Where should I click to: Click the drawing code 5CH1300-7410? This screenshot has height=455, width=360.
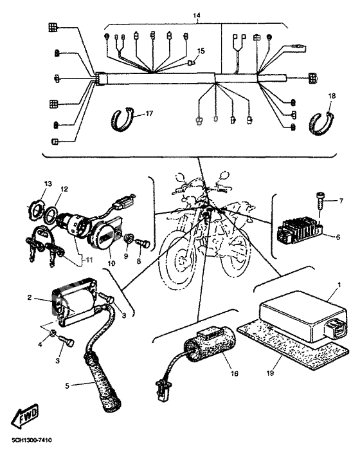(31, 440)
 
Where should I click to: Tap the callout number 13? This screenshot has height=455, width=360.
(46, 184)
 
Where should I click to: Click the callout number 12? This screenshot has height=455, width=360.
(64, 189)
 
